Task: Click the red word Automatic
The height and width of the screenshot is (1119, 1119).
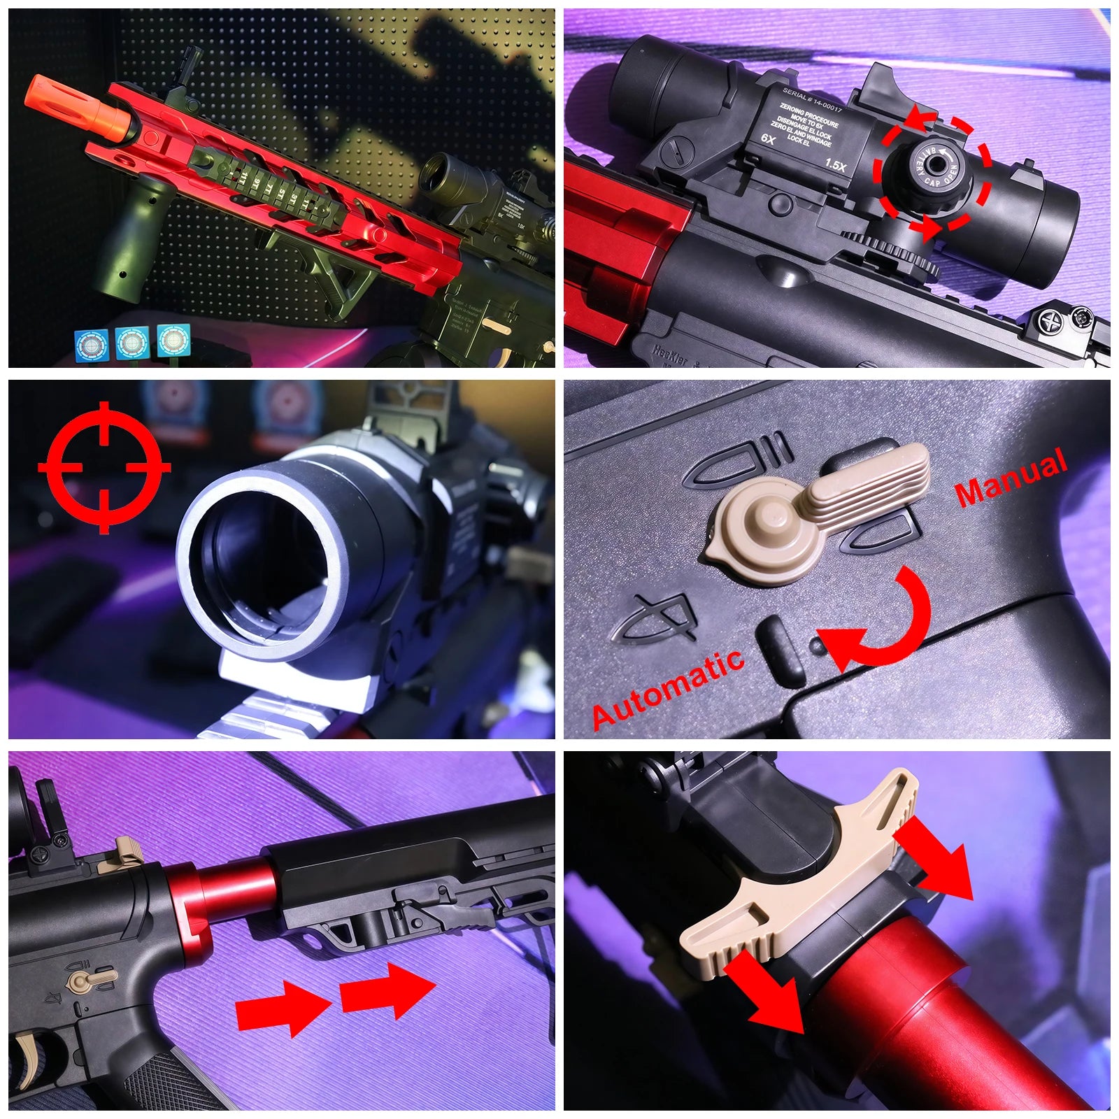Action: pyautogui.click(x=668, y=689)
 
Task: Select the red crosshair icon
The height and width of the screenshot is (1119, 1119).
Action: pyautogui.click(x=104, y=466)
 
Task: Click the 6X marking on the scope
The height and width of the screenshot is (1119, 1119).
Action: pyautogui.click(x=768, y=138)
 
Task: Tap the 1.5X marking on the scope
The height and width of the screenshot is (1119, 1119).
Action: pyautogui.click(x=835, y=166)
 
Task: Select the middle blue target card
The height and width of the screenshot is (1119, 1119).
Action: pyautogui.click(x=131, y=343)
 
